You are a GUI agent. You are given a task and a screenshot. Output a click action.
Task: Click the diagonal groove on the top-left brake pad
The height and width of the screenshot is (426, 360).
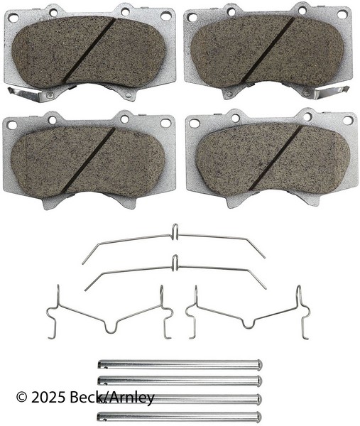tap(89, 50)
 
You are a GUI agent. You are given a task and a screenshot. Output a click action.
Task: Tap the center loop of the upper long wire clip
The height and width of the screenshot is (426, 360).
tap(175, 231)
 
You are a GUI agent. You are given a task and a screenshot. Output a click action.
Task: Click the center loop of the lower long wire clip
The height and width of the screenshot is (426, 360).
tap(175, 263)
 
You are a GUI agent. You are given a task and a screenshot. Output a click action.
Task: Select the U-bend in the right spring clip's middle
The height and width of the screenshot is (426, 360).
tap(249, 323)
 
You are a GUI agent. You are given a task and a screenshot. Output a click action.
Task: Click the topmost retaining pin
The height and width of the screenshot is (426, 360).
tap(180, 364)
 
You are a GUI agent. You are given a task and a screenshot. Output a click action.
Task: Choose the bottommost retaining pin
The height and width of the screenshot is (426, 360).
tap(180, 416)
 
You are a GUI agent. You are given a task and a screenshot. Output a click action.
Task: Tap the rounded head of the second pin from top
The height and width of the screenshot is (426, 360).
tap(259, 381)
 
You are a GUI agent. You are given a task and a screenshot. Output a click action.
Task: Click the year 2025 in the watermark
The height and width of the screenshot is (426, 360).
tap(48, 398)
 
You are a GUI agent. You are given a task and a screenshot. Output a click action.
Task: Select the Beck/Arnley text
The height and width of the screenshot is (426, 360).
tap(112, 398)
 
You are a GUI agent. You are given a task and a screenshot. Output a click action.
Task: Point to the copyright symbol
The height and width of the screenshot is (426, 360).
tap(22, 398)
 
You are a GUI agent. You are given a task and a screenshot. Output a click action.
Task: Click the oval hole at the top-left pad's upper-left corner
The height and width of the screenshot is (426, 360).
tap(13, 18)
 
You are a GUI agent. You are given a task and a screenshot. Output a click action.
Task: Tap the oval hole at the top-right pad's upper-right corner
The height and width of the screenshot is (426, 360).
tap(343, 15)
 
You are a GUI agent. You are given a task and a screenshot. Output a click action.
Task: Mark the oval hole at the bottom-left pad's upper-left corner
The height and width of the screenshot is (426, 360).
tap(12, 125)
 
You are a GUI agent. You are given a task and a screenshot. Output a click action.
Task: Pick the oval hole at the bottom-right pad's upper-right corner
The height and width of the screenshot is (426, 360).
tap(348, 120)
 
